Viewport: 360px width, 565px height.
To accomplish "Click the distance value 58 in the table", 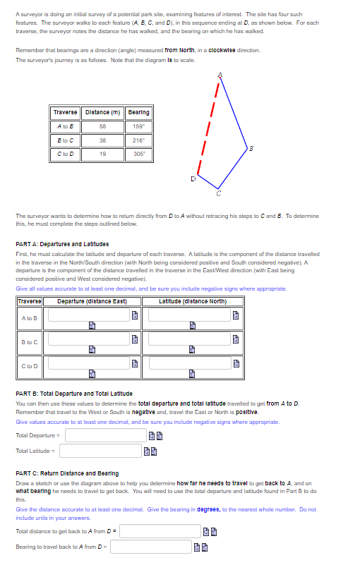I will coord(103,126).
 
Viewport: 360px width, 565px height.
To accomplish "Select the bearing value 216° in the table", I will coord(138,140).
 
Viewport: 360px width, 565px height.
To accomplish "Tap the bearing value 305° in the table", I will coord(138,154).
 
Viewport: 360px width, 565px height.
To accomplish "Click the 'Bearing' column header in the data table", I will coord(138,112).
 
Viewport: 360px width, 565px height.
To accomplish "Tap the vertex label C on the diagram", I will coord(218,193).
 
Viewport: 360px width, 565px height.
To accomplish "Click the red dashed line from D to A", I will coord(209,127).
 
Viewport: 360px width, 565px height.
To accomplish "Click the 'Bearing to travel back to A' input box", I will coord(150,547).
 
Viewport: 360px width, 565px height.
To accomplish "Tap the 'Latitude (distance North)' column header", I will coord(190,301).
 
